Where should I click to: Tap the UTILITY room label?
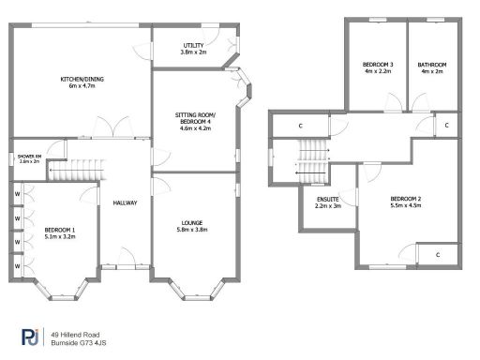click(193, 45)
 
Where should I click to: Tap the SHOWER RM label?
click(30, 157)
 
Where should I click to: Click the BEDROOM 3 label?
click(378, 64)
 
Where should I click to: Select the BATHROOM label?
click(432, 64)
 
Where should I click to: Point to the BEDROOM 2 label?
click(405, 200)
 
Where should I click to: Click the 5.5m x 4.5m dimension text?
click(405, 207)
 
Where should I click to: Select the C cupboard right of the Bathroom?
click(446, 125)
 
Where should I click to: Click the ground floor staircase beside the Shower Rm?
click(68, 172)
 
